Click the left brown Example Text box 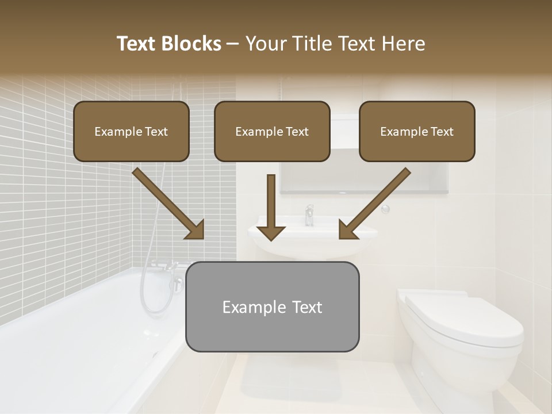131,131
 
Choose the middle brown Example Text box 272,131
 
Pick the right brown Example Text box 417,131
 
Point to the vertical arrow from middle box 271,207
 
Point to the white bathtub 86,333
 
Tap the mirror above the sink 368,178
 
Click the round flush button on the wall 385,209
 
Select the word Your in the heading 266,44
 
